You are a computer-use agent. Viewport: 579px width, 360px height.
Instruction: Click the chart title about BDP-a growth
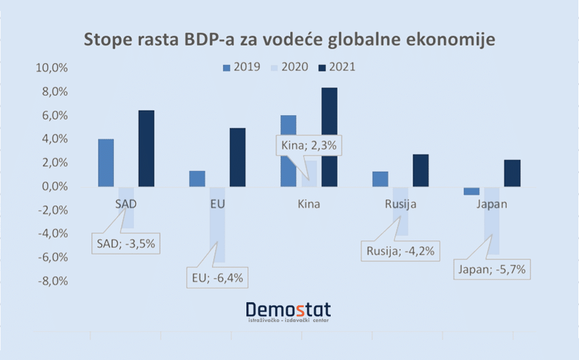click(x=289, y=39)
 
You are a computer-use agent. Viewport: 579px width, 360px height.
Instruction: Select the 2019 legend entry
click(x=241, y=67)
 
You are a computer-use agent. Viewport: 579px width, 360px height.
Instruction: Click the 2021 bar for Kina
click(x=329, y=137)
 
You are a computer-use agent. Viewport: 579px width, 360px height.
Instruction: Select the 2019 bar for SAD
click(x=106, y=163)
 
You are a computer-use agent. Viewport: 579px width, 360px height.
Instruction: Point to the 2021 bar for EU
click(x=237, y=157)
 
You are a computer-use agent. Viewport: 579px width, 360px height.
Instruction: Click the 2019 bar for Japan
click(x=472, y=191)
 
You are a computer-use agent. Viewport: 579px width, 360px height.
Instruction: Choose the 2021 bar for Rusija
click(x=421, y=170)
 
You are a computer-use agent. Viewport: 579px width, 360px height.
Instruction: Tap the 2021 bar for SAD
click(x=146, y=148)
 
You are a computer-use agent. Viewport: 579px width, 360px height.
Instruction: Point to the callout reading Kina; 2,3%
click(x=309, y=145)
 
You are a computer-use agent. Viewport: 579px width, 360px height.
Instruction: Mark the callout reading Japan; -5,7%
click(x=493, y=269)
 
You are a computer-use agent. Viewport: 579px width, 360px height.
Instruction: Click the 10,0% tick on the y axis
click(x=54, y=68)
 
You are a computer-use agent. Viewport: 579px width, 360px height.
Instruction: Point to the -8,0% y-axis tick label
click(x=54, y=281)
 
